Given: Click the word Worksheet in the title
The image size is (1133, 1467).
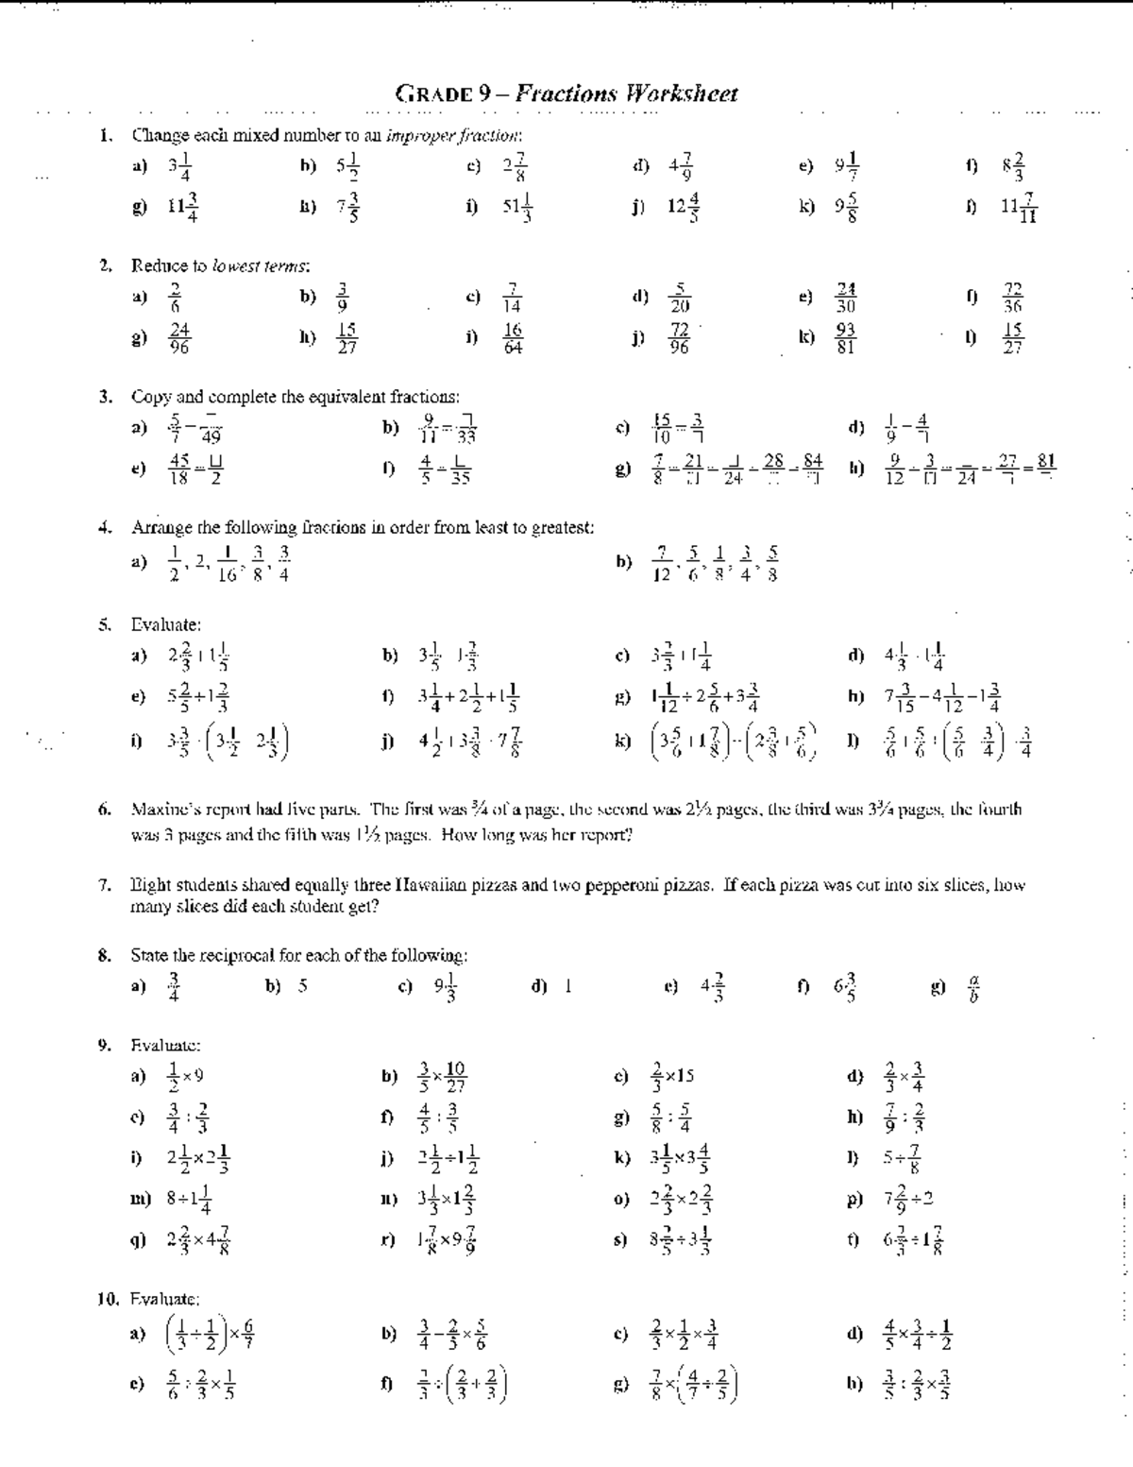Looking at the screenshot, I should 682,94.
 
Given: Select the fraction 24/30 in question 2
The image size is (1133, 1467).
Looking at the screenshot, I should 846,298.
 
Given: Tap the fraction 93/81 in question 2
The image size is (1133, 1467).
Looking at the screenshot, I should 845,337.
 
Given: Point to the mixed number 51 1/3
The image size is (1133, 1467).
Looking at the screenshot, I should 517,207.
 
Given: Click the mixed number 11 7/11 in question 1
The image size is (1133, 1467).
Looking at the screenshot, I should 1020,207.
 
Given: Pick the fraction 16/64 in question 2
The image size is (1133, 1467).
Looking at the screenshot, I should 512,337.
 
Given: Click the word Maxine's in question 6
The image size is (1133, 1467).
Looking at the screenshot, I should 164,809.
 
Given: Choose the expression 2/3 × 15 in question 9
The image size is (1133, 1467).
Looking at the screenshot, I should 672,1076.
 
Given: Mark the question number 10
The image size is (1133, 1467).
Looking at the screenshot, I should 109,1299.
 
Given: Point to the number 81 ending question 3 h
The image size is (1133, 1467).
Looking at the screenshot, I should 1046,464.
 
